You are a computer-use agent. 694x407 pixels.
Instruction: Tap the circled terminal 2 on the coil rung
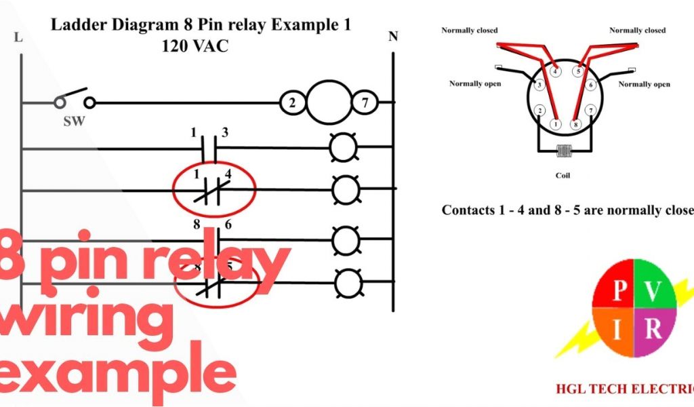click(292, 103)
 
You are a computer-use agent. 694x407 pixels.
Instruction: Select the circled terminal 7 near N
click(364, 103)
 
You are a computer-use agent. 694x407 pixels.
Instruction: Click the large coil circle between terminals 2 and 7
click(328, 102)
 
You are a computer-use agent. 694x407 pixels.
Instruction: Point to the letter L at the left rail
click(18, 38)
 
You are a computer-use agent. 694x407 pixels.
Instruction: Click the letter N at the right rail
click(393, 37)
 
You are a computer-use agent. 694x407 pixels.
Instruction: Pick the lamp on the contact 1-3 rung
click(343, 147)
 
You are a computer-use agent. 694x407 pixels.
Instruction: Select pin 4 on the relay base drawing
click(556, 71)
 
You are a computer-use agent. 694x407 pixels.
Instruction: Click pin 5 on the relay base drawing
click(577, 71)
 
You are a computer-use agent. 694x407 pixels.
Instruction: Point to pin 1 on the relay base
click(556, 124)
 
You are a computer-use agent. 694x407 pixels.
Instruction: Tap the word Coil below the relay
click(563, 176)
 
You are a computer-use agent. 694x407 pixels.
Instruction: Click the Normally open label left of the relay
click(475, 84)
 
